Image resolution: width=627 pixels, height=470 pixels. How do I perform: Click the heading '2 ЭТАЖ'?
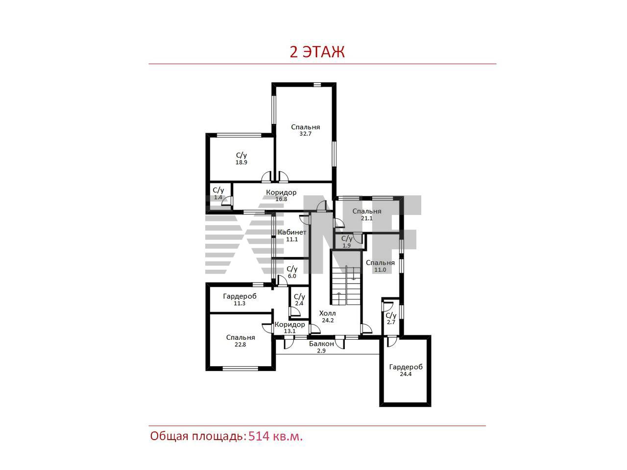(317, 52)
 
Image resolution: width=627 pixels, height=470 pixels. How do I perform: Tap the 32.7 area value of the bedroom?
(305, 134)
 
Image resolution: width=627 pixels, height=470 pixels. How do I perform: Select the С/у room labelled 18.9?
(241, 159)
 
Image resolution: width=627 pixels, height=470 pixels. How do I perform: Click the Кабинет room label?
(292, 232)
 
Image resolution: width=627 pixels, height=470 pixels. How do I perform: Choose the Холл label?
(327, 313)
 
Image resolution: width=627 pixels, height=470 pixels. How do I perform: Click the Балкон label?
(321, 344)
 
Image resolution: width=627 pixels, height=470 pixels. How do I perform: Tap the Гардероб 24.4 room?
(405, 371)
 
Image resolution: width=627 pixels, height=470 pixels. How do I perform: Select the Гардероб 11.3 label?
(240, 297)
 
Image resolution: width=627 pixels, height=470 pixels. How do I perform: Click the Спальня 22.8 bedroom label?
(240, 338)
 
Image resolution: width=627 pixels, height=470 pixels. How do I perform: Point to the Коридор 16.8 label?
(281, 192)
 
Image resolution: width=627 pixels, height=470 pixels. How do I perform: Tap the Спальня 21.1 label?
(367, 211)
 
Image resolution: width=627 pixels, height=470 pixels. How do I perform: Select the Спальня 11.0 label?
(380, 263)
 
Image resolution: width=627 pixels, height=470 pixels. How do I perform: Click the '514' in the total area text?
(259, 436)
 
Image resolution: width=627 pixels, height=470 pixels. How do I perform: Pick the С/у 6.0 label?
(292, 269)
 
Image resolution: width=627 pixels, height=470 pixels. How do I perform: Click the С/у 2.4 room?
(299, 303)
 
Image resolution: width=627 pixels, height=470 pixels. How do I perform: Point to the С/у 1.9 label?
(347, 238)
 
